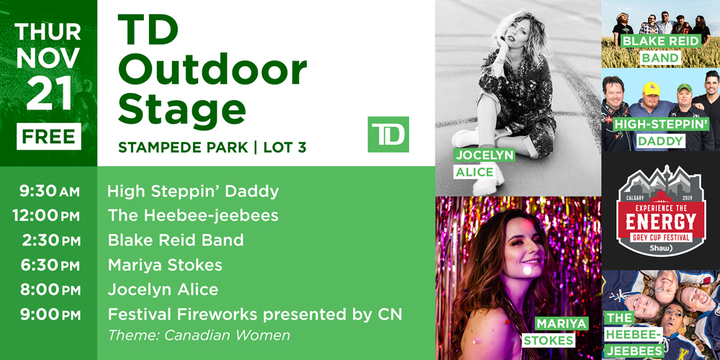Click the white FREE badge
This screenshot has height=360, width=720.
[49, 136]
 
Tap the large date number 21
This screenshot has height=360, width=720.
[49, 93]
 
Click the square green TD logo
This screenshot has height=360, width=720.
[388, 134]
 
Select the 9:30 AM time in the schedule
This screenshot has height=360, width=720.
[49, 192]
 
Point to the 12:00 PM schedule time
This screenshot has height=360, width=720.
[46, 216]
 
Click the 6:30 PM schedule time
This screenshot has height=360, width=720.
[50, 265]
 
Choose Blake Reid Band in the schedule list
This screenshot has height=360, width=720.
[176, 240]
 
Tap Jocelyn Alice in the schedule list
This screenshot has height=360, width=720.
[163, 289]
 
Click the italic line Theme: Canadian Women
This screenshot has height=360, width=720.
[199, 336]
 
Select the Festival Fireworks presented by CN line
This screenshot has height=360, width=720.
[255, 315]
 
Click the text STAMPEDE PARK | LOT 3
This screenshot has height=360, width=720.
[212, 148]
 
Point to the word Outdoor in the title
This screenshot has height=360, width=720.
[212, 70]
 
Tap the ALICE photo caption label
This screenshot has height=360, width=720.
[474, 172]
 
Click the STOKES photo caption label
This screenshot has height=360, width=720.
[548, 341]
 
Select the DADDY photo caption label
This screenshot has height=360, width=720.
[660, 141]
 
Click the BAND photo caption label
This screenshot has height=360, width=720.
[660, 58]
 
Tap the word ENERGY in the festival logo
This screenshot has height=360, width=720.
[661, 222]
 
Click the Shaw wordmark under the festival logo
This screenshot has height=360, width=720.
[660, 248]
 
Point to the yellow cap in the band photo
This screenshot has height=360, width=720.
[651, 88]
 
